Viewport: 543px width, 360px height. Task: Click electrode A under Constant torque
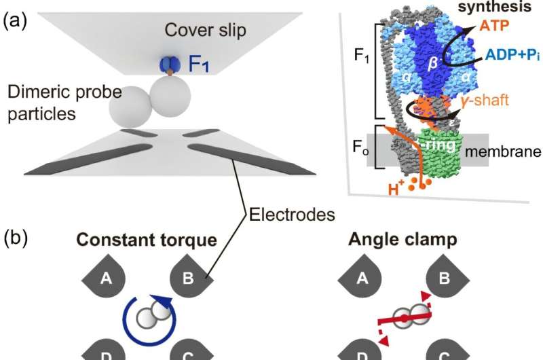(x=105, y=276)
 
